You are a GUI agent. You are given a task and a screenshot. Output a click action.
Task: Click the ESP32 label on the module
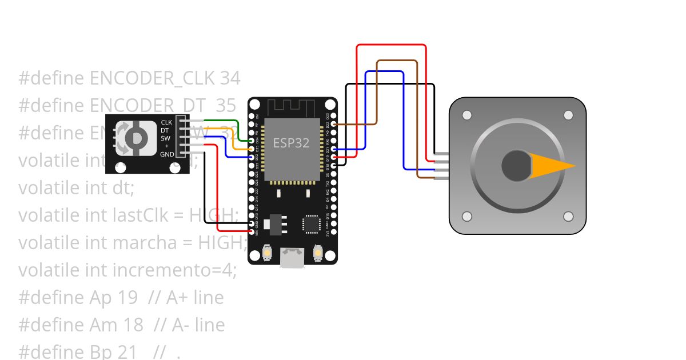292,143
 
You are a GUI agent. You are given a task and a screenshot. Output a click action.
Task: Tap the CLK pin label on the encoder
166,122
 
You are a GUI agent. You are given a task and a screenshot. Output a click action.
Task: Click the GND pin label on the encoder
167,154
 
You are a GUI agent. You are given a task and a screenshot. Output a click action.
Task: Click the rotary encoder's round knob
136,138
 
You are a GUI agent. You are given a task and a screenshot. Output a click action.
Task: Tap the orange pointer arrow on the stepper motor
552,166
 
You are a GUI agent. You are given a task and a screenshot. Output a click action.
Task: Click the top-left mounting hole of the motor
467,115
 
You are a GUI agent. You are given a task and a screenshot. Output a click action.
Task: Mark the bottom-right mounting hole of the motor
568,217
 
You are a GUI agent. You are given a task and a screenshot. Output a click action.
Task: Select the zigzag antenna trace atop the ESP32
292,106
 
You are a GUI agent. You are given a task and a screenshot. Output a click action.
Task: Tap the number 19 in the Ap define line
128,298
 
